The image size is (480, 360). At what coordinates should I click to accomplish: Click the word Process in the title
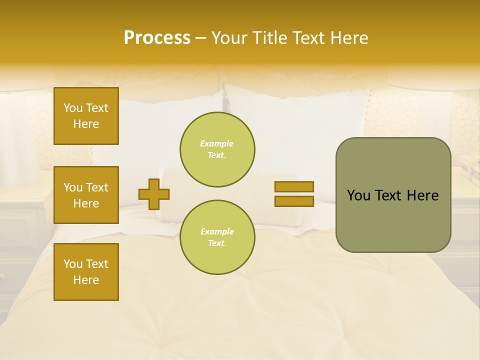[x=157, y=38]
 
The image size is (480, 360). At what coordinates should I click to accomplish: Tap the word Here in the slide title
[x=348, y=38]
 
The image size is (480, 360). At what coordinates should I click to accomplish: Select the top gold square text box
[x=86, y=116]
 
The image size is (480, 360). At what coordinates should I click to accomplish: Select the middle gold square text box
[x=86, y=195]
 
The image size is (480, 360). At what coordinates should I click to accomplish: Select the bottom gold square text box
[x=86, y=271]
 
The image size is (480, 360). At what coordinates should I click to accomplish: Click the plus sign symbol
[x=154, y=194]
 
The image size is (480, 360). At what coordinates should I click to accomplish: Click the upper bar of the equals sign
[x=294, y=186]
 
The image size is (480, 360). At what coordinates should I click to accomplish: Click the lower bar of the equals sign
[x=294, y=201]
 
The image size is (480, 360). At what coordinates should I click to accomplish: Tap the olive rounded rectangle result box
[x=393, y=220]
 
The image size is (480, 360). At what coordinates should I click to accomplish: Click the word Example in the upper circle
[x=217, y=143]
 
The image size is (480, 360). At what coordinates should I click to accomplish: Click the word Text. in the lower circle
[x=217, y=243]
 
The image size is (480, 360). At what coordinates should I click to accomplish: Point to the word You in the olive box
[x=358, y=195]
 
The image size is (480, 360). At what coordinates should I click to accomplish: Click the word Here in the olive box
[x=422, y=195]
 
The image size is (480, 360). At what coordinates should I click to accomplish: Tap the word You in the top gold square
[x=73, y=108]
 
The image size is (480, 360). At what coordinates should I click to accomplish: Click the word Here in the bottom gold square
[x=86, y=280]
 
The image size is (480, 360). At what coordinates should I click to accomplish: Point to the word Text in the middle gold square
[x=97, y=187]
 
